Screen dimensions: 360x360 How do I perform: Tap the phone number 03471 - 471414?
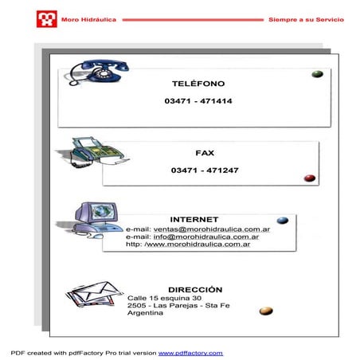point(198,101)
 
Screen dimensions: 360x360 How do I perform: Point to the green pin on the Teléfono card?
point(316,74)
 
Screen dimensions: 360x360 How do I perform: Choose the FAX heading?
point(205,152)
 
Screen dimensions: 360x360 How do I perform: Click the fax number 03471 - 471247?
point(205,170)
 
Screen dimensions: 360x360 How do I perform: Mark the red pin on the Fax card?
point(310,178)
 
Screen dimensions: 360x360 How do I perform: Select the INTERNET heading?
point(194,219)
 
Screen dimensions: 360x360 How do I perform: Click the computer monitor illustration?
point(97,218)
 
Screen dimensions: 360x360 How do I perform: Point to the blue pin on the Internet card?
point(282,221)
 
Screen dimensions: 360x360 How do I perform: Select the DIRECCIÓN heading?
point(195,289)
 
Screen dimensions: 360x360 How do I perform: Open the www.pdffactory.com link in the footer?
point(190,352)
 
